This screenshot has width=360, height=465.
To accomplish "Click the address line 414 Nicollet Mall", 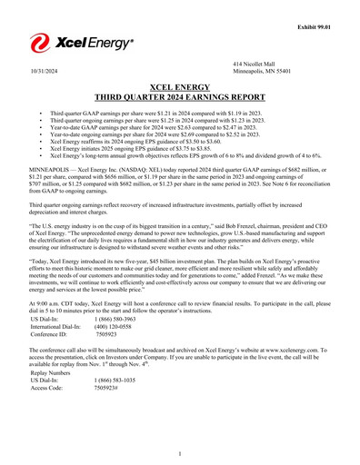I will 254,62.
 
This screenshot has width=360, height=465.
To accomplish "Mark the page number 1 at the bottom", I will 180,452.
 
